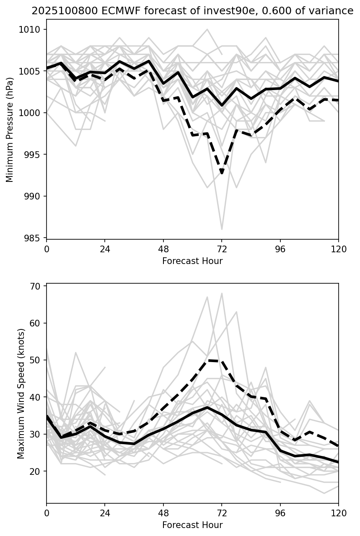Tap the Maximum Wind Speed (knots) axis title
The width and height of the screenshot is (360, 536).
pos(21,393)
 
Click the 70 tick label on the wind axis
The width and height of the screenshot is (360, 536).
pos(40,286)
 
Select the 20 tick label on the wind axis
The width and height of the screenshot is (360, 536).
pos(40,471)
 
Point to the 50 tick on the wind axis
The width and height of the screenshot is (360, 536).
pos(40,360)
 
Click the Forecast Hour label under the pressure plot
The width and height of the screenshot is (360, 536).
pos(192,261)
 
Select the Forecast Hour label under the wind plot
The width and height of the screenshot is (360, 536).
pos(192,525)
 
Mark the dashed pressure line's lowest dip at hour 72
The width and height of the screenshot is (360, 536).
pos(222,173)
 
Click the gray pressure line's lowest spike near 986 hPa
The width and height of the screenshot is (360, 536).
pos(222,229)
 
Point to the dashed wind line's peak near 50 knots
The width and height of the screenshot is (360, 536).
pos(208,360)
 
